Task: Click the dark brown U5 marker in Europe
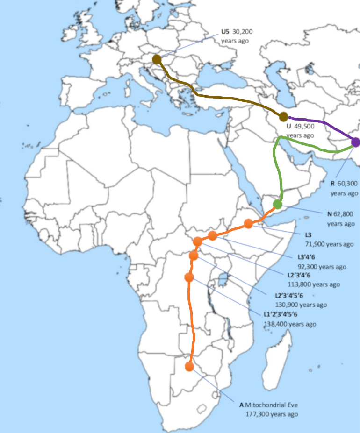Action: coord(157,59)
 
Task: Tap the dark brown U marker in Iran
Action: coord(283,117)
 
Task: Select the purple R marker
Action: coord(355,142)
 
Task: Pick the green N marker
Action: coord(278,204)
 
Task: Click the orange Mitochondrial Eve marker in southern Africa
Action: coord(189,366)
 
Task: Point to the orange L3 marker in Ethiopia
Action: coord(248,224)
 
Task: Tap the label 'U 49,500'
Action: coord(300,127)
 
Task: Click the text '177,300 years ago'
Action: coord(272,414)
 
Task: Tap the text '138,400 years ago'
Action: coord(290,324)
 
